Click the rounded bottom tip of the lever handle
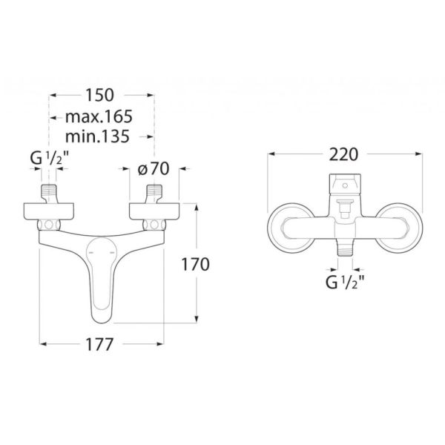tap(102, 316)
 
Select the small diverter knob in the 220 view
tap(344, 208)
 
